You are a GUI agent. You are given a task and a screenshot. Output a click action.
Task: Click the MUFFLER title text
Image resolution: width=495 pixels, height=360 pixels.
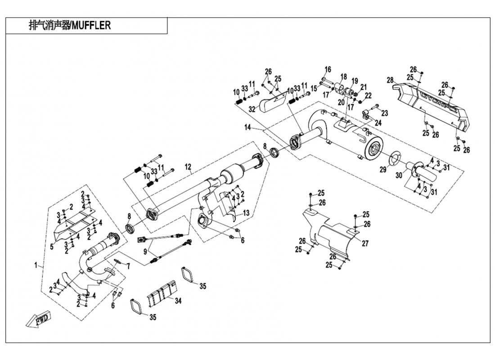(x=70, y=26)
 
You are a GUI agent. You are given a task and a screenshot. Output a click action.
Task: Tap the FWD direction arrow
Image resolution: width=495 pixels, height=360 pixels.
(x=38, y=318)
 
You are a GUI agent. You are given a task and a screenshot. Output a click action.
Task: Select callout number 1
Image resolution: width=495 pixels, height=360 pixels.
(x=36, y=265)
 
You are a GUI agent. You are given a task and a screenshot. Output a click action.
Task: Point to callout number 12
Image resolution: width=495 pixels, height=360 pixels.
(x=189, y=167)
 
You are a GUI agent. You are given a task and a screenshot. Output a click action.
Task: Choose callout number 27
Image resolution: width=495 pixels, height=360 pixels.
(x=365, y=243)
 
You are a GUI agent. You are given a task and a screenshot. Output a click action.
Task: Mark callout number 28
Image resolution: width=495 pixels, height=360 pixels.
(x=390, y=80)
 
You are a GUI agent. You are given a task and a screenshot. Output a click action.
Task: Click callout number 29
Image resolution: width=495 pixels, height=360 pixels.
(x=383, y=170)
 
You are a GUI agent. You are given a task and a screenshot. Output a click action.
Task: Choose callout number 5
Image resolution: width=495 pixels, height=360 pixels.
(x=52, y=246)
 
